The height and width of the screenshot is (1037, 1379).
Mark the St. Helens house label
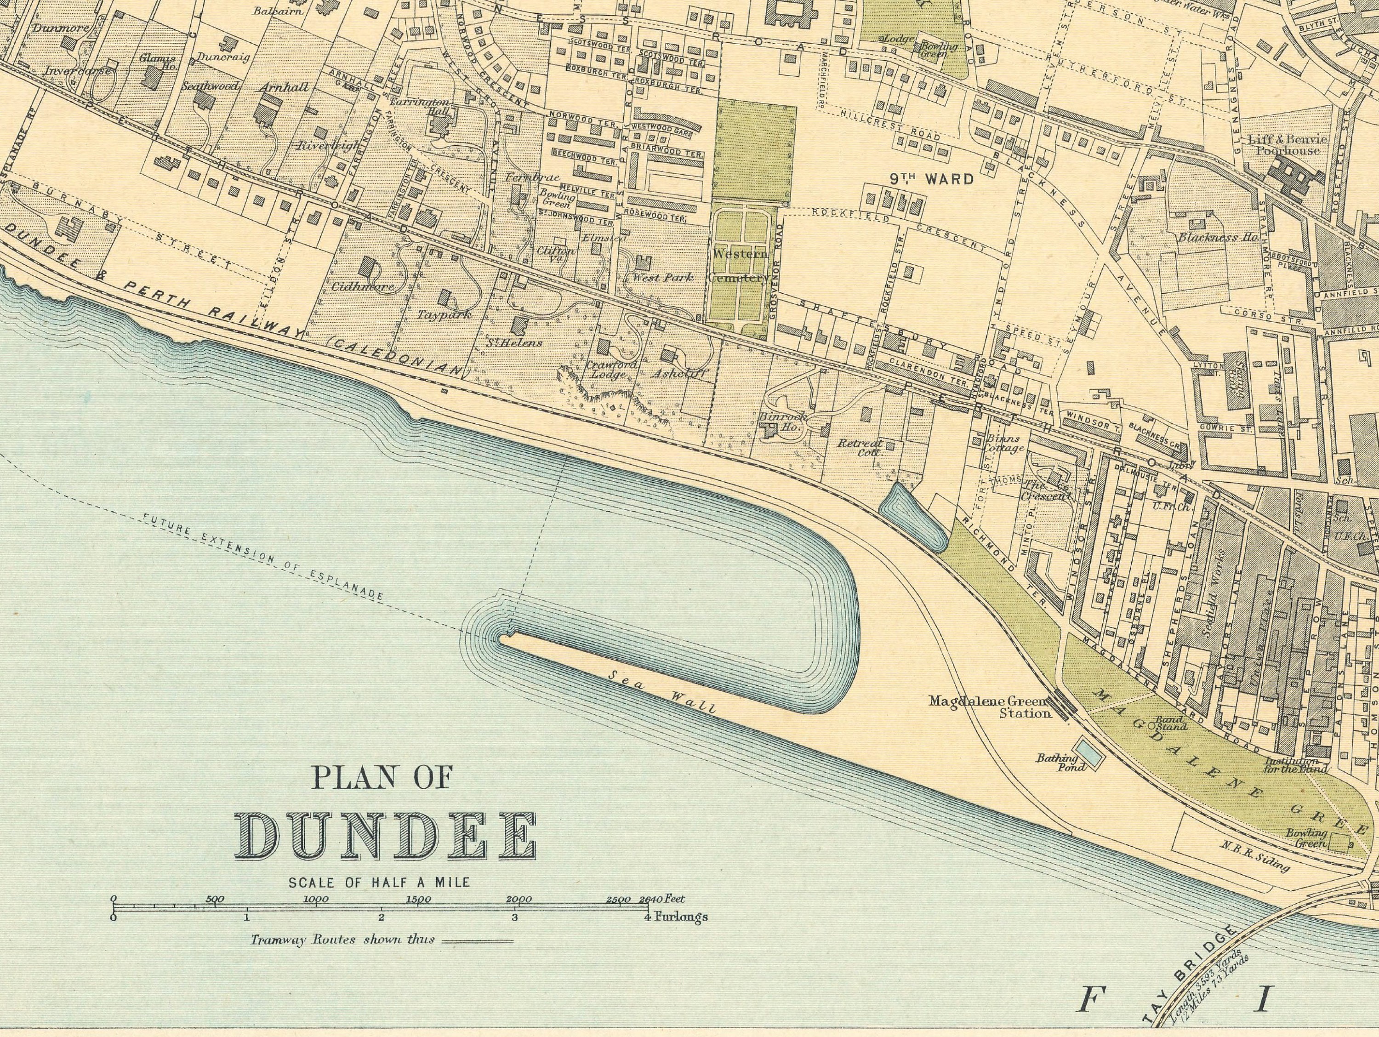pyautogui.click(x=515, y=342)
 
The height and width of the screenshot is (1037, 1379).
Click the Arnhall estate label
pyautogui.click(x=284, y=87)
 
